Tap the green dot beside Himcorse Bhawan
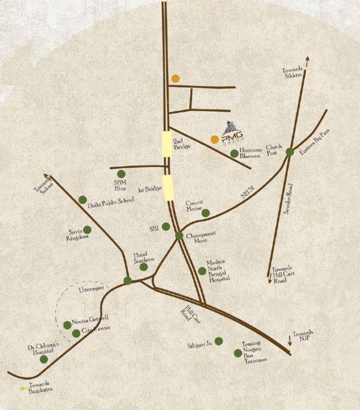coord(234,154)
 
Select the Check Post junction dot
coord(289,152)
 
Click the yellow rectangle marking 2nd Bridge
coord(167,144)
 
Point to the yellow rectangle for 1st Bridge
coord(168,187)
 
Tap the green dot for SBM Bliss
coord(121,174)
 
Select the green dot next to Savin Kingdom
coord(87,230)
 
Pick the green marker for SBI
coord(166,226)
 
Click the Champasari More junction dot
coord(179,235)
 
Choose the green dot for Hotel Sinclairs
coord(144,267)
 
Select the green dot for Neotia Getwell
coord(67,325)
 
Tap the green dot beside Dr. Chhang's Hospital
coord(44,359)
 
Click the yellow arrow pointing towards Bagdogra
coord(23,389)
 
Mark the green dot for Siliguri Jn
coord(219,341)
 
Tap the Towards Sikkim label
coord(293,73)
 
